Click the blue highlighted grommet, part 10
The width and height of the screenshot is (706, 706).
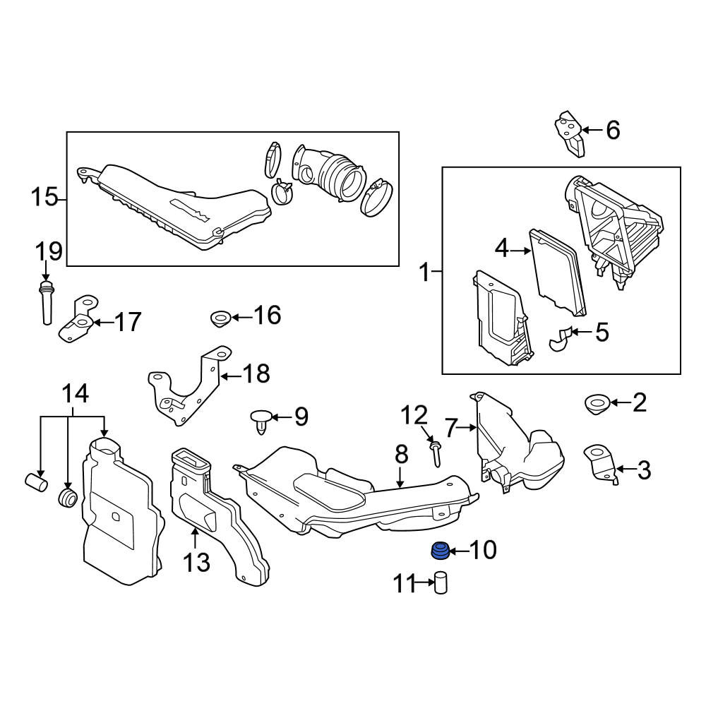pyautogui.click(x=440, y=551)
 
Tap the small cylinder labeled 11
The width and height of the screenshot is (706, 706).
pyautogui.click(x=441, y=582)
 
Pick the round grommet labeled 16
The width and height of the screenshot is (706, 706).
pyautogui.click(x=220, y=318)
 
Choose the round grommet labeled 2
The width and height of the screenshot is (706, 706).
pyautogui.click(x=597, y=403)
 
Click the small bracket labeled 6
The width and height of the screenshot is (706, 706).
pyautogui.click(x=570, y=133)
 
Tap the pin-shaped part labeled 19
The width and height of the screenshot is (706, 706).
pyautogui.click(x=46, y=302)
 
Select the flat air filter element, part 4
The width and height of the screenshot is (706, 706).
pyautogui.click(x=558, y=273)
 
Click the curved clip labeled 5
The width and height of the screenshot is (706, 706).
pyautogui.click(x=560, y=339)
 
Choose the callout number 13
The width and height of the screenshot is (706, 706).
pyautogui.click(x=196, y=563)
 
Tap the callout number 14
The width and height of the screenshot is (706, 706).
pyautogui.click(x=76, y=394)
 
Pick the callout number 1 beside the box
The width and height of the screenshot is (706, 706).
pyautogui.click(x=424, y=272)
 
